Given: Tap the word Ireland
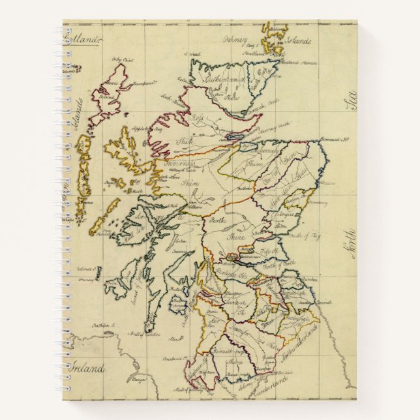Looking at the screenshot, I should (88, 369).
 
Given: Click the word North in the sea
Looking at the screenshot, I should (349, 241).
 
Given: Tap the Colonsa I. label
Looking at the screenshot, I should (87, 269).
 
